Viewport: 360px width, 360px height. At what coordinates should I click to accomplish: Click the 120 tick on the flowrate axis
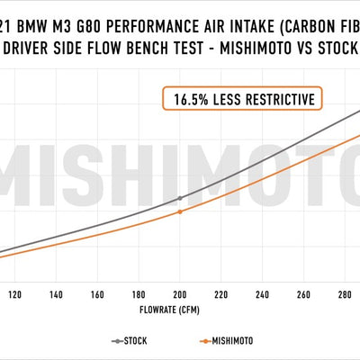(15, 294)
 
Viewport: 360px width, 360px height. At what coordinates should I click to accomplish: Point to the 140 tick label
(56, 294)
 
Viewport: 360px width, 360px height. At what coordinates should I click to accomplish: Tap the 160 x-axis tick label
(97, 294)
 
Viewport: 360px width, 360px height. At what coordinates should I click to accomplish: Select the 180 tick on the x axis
(139, 294)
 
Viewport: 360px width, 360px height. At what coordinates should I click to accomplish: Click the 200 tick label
(180, 294)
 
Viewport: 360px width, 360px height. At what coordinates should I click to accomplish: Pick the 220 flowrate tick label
(221, 294)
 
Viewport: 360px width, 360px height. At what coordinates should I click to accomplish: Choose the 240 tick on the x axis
(262, 294)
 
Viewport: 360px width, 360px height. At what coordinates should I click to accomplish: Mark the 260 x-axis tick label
(303, 294)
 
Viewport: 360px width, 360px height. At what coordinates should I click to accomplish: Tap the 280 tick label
(345, 294)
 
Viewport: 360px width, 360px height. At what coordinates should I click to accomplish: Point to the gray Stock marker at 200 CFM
(180, 197)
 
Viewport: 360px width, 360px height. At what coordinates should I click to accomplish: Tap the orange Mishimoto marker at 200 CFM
(180, 211)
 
